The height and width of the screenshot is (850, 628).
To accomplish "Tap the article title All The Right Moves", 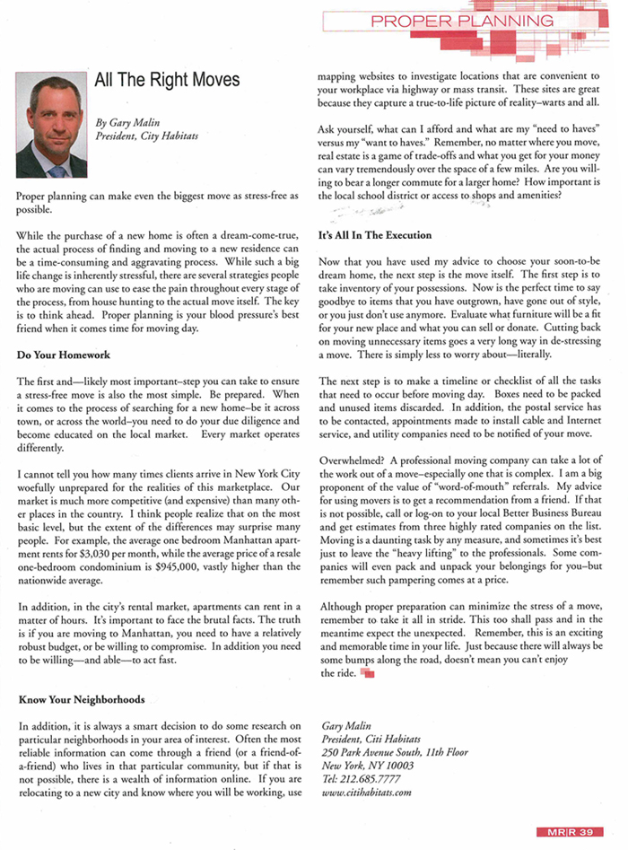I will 168,80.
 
